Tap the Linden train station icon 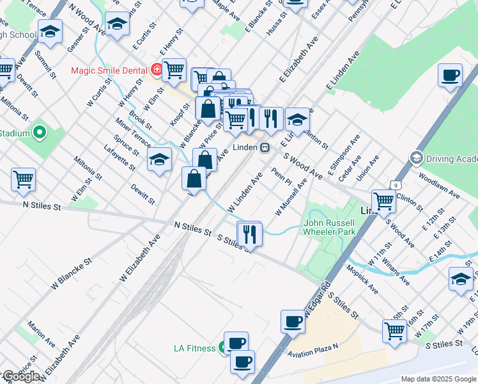tap(264, 147)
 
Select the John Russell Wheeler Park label tap(329, 227)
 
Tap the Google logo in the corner tap(20, 376)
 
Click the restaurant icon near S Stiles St tap(249, 234)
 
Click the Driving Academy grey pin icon tap(417, 157)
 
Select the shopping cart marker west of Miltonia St tap(23, 180)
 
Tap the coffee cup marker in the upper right tap(451, 76)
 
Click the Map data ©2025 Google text tap(438, 379)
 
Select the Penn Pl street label tap(281, 178)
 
